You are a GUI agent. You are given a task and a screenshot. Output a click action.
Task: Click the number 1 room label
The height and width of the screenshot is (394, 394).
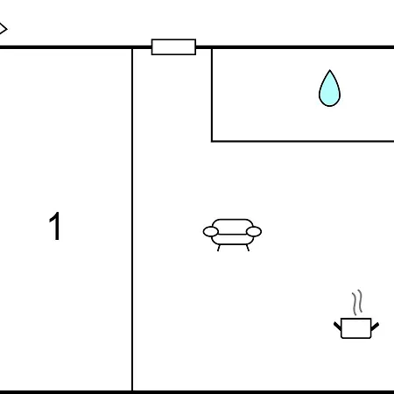pos(55,226)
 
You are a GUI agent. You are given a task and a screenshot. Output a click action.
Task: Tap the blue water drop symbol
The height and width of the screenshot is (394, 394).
pos(329,88)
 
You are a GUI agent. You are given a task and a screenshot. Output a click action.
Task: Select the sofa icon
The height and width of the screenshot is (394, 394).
pos(232,235)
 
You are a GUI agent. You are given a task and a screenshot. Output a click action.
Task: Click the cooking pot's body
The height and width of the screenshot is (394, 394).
pos(356,328)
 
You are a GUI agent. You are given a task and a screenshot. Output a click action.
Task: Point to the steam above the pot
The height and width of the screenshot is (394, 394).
pos(357,303)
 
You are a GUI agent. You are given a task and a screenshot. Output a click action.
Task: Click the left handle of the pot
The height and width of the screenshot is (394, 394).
pos(337,326)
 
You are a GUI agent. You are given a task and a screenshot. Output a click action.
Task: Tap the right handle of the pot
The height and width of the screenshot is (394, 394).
pos(375,327)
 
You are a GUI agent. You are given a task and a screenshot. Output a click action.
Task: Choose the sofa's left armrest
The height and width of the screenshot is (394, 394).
pos(211,231)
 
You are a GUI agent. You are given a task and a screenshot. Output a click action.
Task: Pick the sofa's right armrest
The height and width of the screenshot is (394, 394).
pos(254,231)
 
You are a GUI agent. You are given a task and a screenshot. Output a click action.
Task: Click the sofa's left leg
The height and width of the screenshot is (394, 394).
pos(219,248)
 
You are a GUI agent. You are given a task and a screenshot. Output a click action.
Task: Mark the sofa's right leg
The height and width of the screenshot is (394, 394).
pos(248,248)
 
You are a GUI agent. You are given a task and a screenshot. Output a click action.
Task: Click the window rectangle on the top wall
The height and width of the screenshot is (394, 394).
pos(173,46)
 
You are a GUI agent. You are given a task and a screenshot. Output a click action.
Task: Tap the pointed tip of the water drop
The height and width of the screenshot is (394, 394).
pos(330,70)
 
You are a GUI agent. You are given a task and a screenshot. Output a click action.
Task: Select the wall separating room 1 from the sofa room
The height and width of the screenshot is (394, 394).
pos(132,219)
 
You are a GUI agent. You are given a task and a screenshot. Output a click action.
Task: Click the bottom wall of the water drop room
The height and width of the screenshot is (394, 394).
pos(303,141)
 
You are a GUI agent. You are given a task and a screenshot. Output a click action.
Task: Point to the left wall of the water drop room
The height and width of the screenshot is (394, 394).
pos(212,95)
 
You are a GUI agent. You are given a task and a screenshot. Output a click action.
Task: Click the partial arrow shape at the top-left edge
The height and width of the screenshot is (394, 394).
pos(4,29)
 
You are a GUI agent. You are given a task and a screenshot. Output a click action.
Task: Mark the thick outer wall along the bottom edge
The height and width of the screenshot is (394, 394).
pos(197,392)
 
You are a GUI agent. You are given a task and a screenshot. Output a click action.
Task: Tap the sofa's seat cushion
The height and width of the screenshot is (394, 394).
pos(232,239)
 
